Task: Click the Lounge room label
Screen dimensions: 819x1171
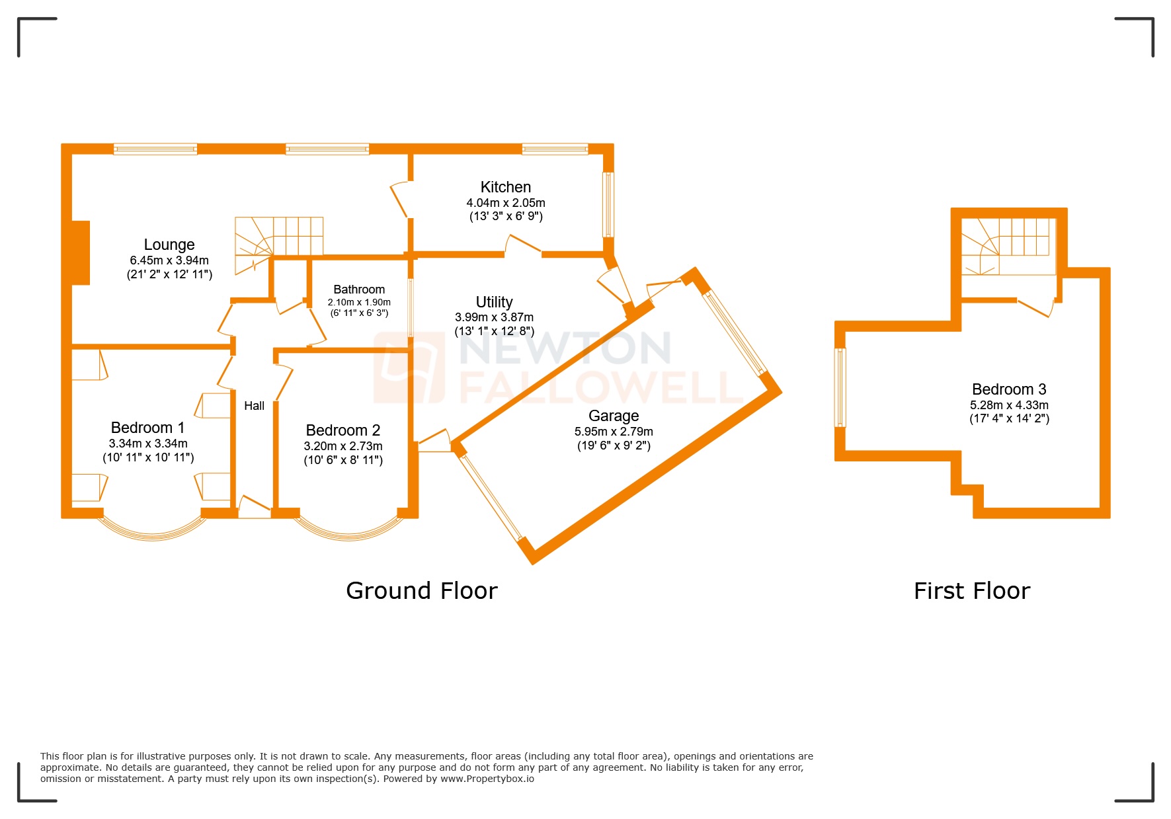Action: pos(169,245)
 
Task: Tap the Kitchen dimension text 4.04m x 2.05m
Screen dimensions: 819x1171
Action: pos(506,203)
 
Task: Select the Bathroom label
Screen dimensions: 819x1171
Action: pos(359,290)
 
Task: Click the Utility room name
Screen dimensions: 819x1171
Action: pos(494,302)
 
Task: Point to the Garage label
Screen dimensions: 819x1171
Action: pos(614,416)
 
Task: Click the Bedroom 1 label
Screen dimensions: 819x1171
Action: pos(147,428)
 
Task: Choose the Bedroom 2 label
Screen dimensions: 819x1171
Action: pos(343,430)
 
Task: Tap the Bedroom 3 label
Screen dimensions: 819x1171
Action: pos(1009,389)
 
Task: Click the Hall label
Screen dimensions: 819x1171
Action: pos(254,406)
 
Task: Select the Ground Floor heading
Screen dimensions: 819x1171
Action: pos(421,590)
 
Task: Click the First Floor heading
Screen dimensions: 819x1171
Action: pos(971,590)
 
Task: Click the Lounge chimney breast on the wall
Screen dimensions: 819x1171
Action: pos(80,253)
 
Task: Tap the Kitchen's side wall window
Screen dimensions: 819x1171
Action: pos(608,204)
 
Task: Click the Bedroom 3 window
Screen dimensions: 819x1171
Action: pos(840,387)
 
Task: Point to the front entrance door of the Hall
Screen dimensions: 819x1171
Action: pos(254,509)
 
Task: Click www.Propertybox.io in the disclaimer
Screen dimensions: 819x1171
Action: pos(487,779)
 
